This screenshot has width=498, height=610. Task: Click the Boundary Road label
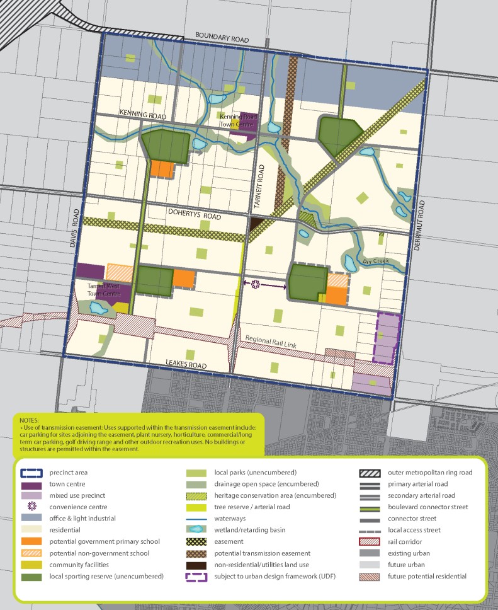(222, 35)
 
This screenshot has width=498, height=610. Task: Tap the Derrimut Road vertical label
(422, 217)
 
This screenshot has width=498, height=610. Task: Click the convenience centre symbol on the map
(256, 285)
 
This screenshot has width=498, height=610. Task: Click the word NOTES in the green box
(29, 419)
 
